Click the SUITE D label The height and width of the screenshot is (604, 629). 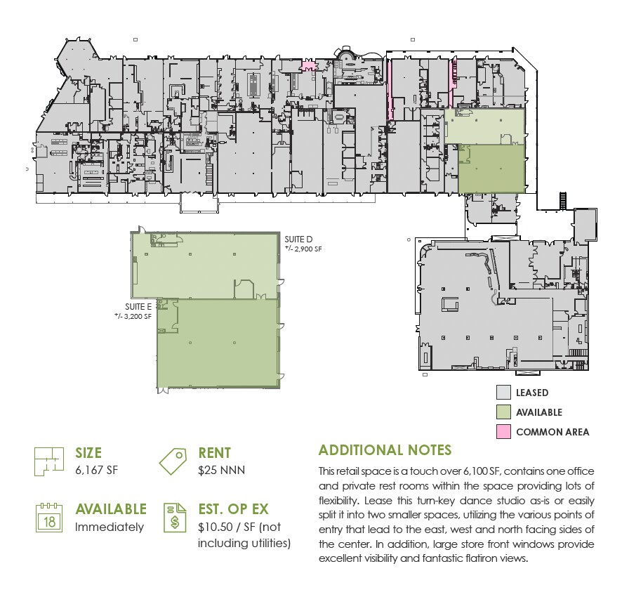[298, 239]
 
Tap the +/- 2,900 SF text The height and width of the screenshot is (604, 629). [303, 249]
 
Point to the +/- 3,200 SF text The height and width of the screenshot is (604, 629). [133, 316]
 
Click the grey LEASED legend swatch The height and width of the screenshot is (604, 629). [503, 393]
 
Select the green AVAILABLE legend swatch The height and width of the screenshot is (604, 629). [503, 412]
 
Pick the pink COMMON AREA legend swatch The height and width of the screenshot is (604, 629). [503, 432]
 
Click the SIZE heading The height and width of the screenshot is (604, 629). [88, 454]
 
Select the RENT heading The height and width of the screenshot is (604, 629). [214, 454]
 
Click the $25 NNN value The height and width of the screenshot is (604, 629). [221, 470]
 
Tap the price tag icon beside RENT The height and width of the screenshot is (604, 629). [173, 461]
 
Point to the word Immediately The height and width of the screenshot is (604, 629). [110, 527]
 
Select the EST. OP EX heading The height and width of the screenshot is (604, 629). [242, 510]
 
